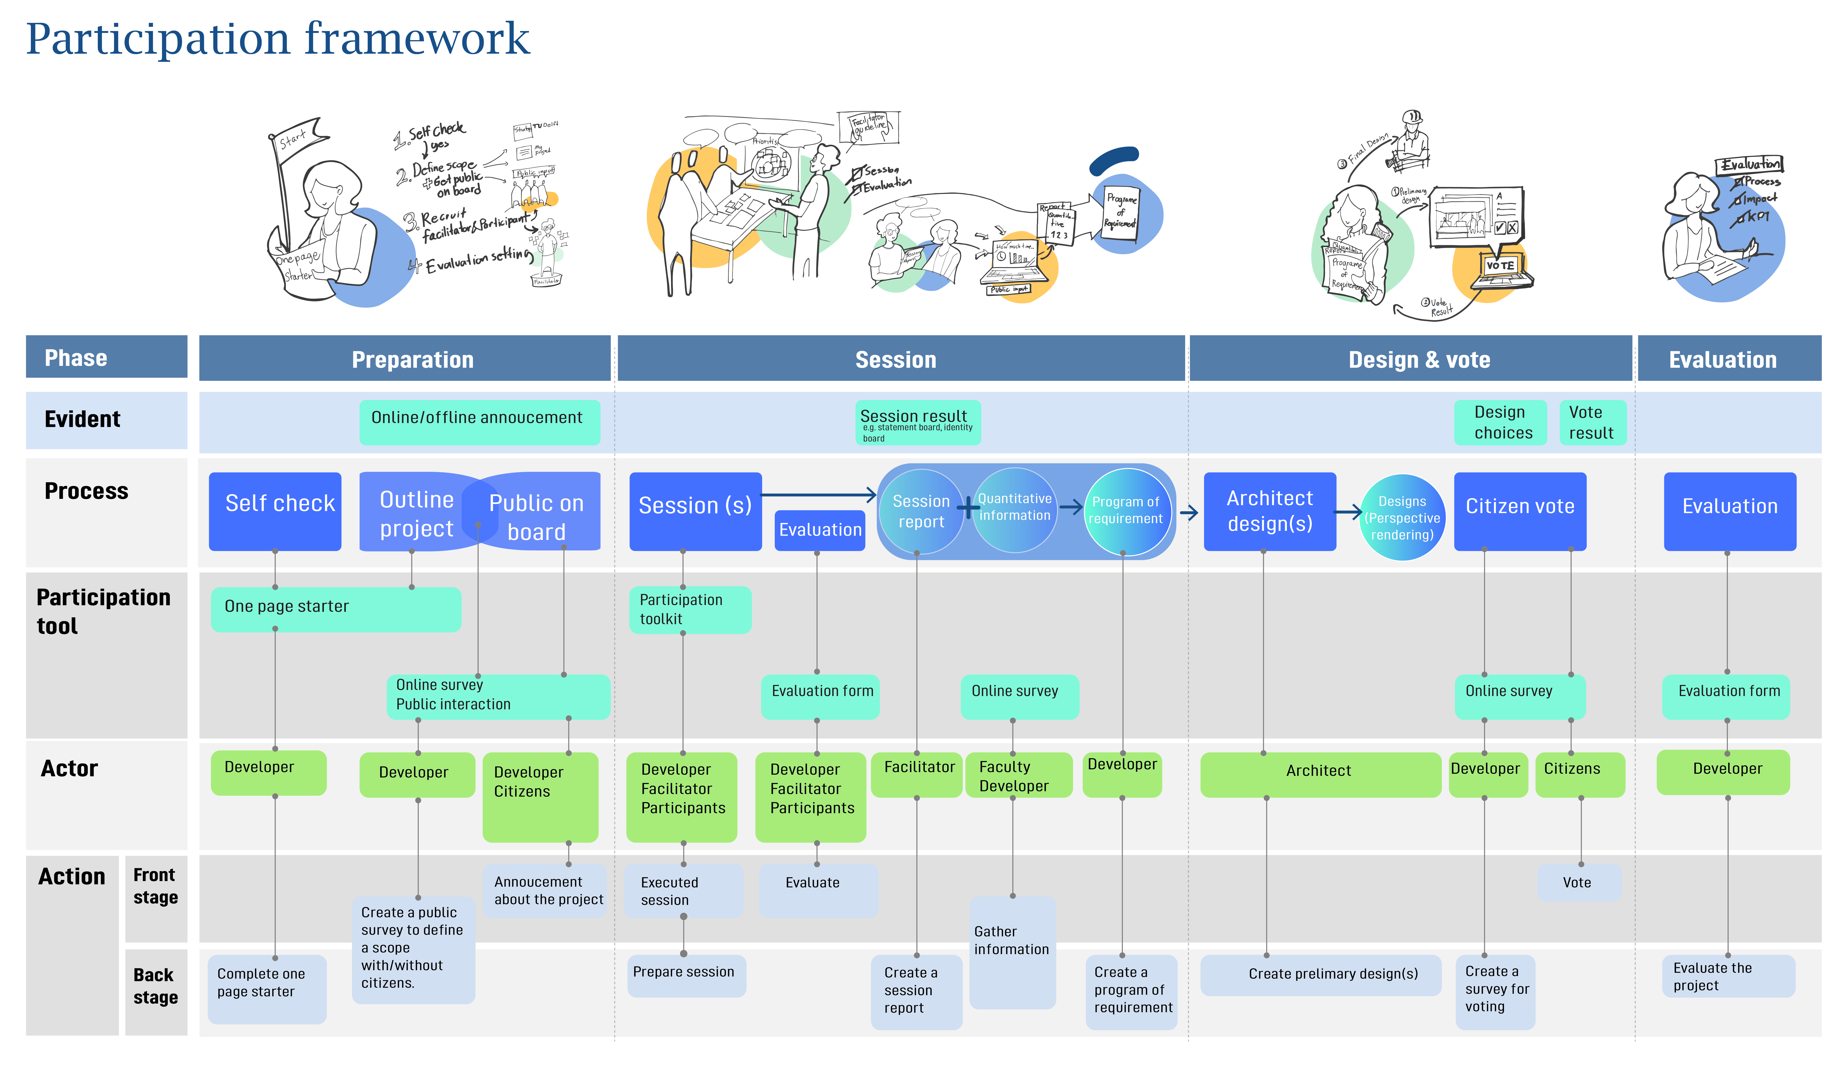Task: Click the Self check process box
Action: [x=275, y=511]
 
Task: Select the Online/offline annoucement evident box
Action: [x=479, y=422]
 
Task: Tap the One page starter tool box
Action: [x=336, y=609]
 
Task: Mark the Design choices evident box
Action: [x=1500, y=422]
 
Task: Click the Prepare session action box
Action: [x=685, y=974]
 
